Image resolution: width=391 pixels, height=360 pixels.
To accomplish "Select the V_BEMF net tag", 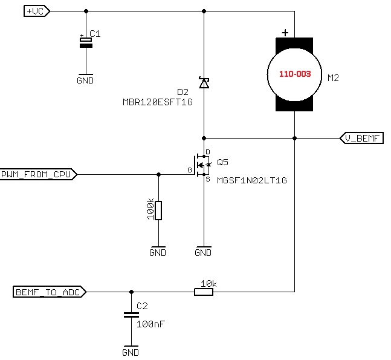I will click(361, 138).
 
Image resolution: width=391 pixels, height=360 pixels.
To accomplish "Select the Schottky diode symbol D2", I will click(204, 83).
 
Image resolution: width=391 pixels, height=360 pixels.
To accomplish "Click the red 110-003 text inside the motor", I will click(294, 74).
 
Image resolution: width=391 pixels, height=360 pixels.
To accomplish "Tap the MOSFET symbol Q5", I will click(202, 165).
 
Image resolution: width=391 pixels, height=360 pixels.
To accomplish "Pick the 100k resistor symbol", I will click(158, 211).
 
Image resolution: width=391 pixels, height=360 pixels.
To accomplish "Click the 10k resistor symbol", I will click(203, 292).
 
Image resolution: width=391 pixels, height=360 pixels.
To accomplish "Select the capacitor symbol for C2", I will click(130, 315).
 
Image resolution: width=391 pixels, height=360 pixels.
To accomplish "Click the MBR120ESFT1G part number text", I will click(157, 102).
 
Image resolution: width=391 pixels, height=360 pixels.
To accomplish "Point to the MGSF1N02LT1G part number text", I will click(251, 180).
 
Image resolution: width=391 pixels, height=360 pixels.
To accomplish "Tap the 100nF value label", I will click(150, 324).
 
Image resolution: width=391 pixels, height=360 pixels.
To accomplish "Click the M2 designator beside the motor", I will click(333, 78).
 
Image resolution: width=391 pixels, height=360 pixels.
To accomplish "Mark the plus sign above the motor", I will click(285, 33).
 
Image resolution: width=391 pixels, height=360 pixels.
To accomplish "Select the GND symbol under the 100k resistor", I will click(158, 252).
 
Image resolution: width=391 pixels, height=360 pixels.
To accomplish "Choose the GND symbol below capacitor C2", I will click(131, 352).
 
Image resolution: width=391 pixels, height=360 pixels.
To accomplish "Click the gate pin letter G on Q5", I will click(189, 171).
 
